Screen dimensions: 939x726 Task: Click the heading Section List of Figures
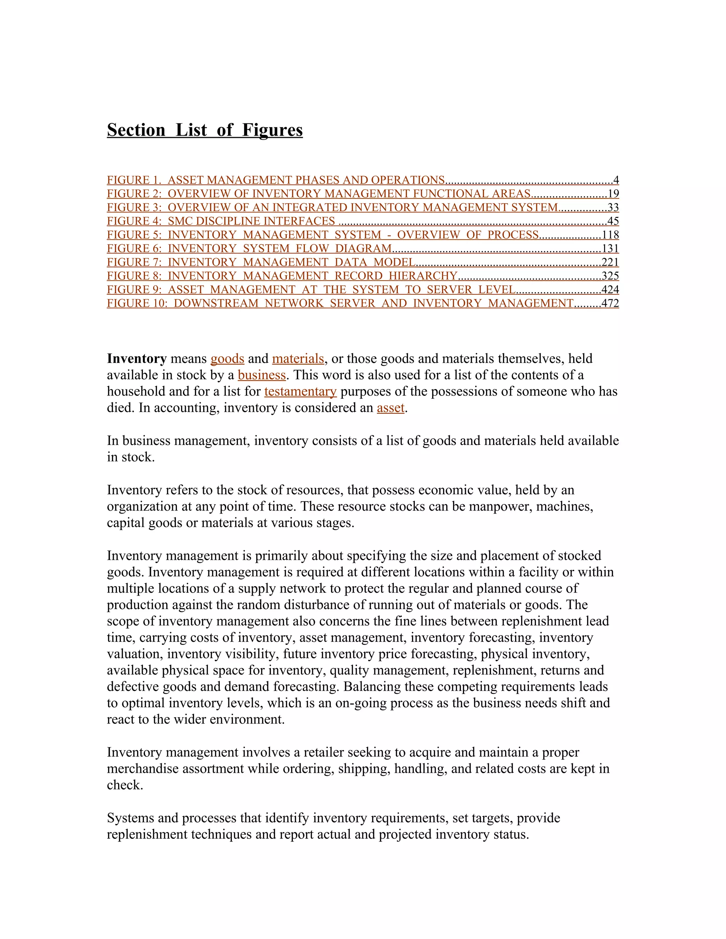[205, 130]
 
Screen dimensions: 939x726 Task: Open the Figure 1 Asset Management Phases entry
[275, 180]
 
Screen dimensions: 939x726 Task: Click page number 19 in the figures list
[613, 193]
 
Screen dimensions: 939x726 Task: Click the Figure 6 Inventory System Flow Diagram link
[250, 248]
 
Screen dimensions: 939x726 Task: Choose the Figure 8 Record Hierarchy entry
[282, 276]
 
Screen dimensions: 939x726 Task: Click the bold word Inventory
[137, 359]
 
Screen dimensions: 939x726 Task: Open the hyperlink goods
[227, 359]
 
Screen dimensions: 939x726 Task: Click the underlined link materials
[298, 359]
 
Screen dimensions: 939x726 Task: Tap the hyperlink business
[262, 375]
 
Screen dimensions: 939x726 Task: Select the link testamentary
[300, 391]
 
